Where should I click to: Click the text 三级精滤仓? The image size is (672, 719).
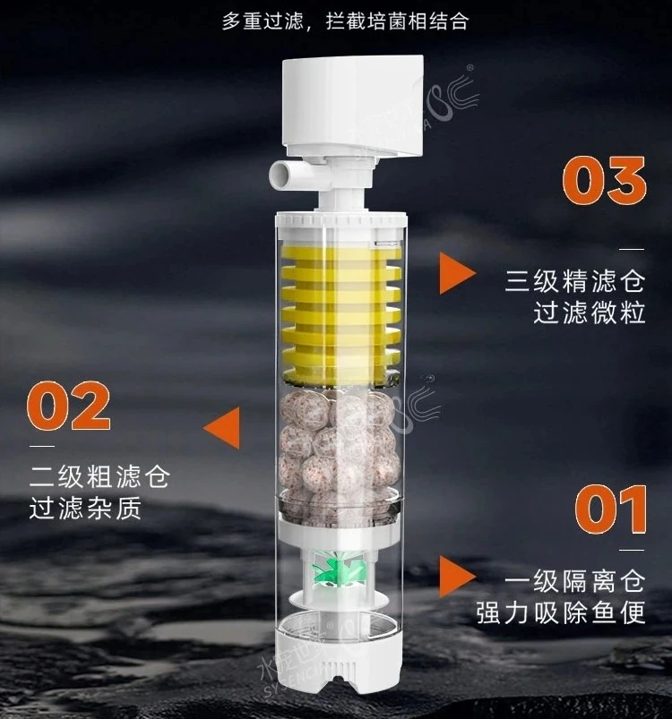click(x=575, y=282)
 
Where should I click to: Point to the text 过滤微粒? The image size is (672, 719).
click(x=590, y=313)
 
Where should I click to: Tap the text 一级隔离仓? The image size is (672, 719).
click(x=574, y=583)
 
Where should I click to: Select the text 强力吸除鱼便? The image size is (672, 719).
click(x=561, y=614)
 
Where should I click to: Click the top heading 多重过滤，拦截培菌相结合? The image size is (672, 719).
click(x=345, y=21)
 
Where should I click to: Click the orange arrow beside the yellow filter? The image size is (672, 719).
click(x=456, y=272)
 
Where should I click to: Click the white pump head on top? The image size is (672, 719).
click(x=352, y=104)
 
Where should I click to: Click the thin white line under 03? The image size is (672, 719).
click(x=632, y=249)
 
